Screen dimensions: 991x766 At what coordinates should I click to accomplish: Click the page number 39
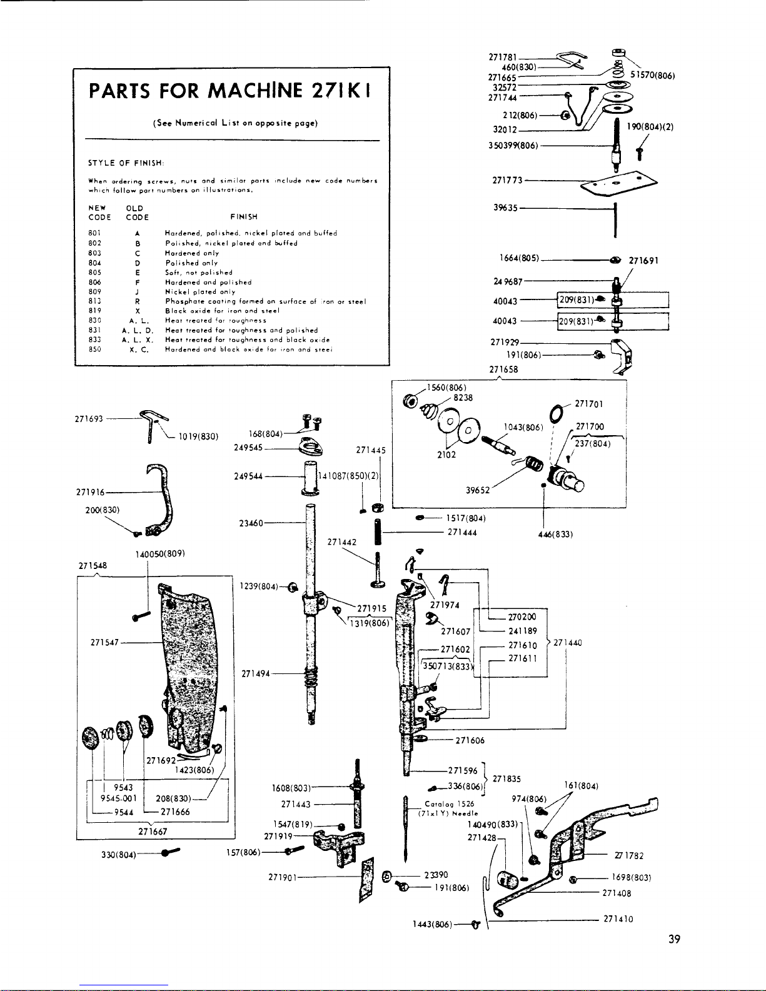673,938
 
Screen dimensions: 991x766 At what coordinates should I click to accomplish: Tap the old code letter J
136,292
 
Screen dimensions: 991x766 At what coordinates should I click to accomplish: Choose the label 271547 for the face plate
104,642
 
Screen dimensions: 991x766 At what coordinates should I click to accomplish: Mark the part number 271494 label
256,673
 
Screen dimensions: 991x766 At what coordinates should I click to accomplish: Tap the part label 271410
618,919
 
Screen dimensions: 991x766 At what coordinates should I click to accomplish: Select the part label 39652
478,491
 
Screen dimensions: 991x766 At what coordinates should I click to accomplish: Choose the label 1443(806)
431,925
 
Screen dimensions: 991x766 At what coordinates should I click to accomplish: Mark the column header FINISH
244,217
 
